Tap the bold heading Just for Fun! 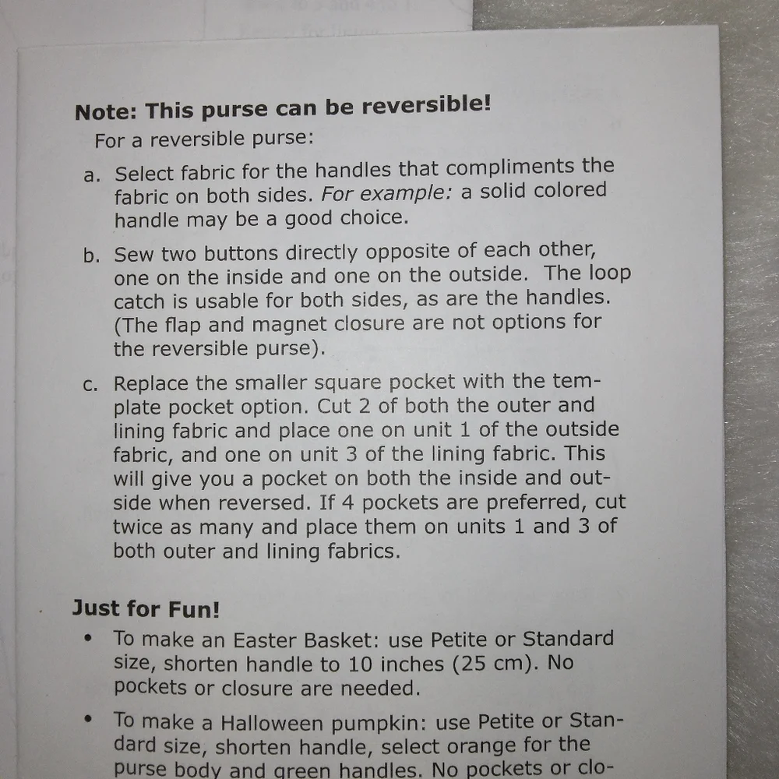146,608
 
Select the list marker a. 92,175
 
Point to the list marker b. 91,256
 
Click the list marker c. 90,385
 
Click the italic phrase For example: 386,192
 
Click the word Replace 151,384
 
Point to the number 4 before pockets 347,502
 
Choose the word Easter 263,640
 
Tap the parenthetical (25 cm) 495,663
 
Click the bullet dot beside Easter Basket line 89,638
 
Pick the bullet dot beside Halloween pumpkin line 89,718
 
